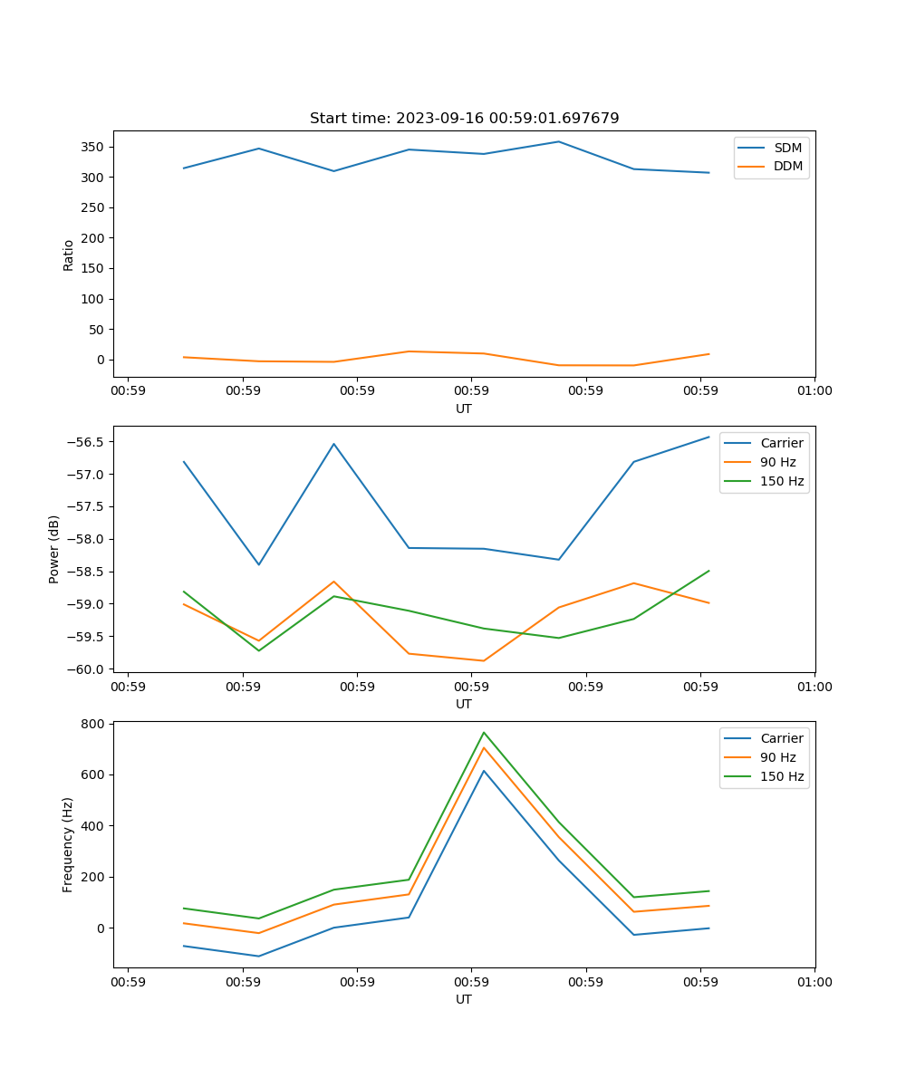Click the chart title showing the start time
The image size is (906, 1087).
(464, 119)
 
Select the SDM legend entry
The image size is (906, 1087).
(787, 148)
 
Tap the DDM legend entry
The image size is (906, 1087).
(787, 167)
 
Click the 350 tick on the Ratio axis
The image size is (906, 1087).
(92, 147)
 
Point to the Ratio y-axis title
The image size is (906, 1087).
(68, 255)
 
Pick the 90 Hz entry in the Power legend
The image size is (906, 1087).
(777, 462)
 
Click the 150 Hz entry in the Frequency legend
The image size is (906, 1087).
(782, 776)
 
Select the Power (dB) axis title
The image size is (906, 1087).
(54, 549)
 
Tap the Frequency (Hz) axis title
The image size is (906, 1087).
(68, 844)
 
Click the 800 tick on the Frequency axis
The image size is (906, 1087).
(92, 724)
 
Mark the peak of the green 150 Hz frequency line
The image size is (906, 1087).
(484, 732)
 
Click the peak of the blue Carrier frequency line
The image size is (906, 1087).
(484, 771)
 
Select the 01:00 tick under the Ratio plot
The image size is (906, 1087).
(814, 391)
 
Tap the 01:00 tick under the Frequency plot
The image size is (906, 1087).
(814, 982)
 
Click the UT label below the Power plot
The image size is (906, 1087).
(464, 704)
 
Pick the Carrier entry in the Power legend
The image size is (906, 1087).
(781, 443)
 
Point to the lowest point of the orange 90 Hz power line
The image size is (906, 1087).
(484, 660)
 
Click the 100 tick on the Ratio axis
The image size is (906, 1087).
(92, 299)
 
